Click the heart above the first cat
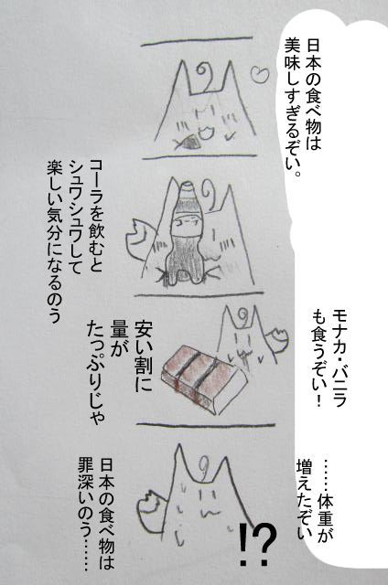pyautogui.click(x=259, y=74)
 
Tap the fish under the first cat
pyautogui.click(x=188, y=143)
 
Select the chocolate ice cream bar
pyautogui.click(x=204, y=378)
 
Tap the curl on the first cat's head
pyautogui.click(x=204, y=74)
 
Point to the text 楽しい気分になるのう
pyautogui.click(x=55, y=241)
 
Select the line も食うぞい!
pyautogui.click(x=319, y=358)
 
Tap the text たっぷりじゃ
pyautogui.click(x=95, y=373)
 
